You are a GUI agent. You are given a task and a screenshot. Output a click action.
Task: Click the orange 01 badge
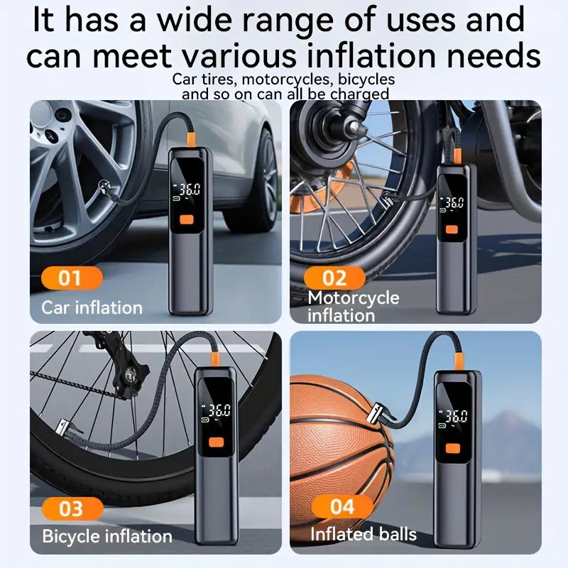tap(72, 278)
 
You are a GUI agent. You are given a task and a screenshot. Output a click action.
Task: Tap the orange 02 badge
tap(334, 278)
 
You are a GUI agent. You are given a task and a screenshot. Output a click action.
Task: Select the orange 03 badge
tap(72, 508)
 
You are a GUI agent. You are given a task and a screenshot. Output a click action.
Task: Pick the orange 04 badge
tap(342, 506)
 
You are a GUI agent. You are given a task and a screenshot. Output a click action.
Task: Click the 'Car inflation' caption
tap(92, 308)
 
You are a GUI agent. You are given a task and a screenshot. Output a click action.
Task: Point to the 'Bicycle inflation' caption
tap(107, 536)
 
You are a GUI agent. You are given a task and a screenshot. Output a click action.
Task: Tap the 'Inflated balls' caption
tap(364, 535)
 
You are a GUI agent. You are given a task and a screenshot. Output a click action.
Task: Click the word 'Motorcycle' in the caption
tap(354, 297)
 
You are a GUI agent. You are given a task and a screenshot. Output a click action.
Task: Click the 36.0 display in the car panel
tap(190, 190)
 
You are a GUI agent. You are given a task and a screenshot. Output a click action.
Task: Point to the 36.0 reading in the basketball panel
tap(457, 417)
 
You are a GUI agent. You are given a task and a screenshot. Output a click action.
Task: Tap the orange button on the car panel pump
tap(187, 219)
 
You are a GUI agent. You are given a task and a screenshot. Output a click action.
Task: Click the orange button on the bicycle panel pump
tap(217, 442)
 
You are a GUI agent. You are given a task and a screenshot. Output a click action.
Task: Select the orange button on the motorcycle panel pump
tap(452, 229)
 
